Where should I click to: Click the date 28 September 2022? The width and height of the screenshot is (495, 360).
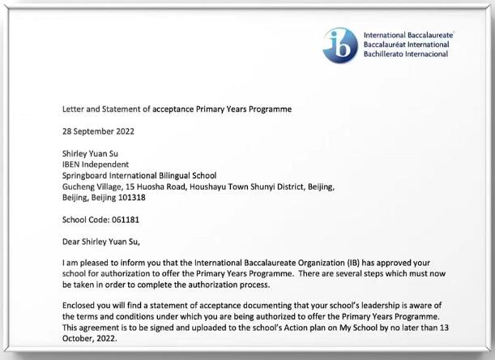click(x=99, y=131)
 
